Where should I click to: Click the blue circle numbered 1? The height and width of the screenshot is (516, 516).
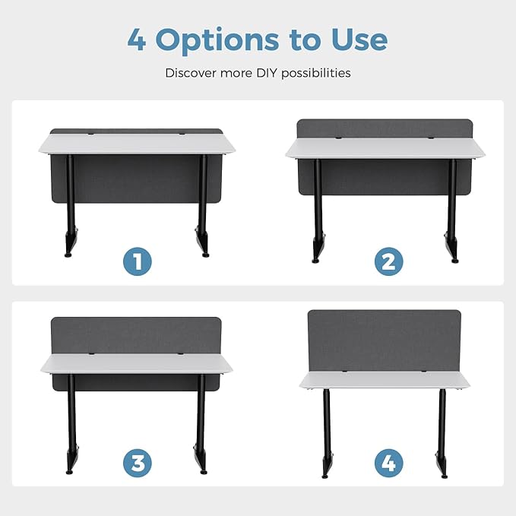click(138, 261)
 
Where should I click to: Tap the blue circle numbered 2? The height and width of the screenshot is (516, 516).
click(388, 261)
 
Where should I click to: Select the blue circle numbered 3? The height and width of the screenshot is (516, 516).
click(138, 463)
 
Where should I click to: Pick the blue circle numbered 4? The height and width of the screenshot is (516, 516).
click(388, 463)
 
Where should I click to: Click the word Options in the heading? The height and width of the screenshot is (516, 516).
click(217, 41)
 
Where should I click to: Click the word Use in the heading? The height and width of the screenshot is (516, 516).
click(359, 40)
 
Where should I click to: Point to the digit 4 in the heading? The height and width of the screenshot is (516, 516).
click(137, 40)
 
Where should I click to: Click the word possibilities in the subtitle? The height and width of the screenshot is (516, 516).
click(316, 74)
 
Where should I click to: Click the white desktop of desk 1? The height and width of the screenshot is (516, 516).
click(137, 144)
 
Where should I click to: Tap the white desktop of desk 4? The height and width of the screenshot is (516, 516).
click(385, 380)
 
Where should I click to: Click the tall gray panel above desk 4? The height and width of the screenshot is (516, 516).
click(385, 340)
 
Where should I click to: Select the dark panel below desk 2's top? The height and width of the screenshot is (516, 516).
click(385, 177)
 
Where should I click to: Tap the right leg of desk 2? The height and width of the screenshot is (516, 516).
click(452, 211)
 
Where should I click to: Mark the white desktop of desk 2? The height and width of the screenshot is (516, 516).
click(385, 148)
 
